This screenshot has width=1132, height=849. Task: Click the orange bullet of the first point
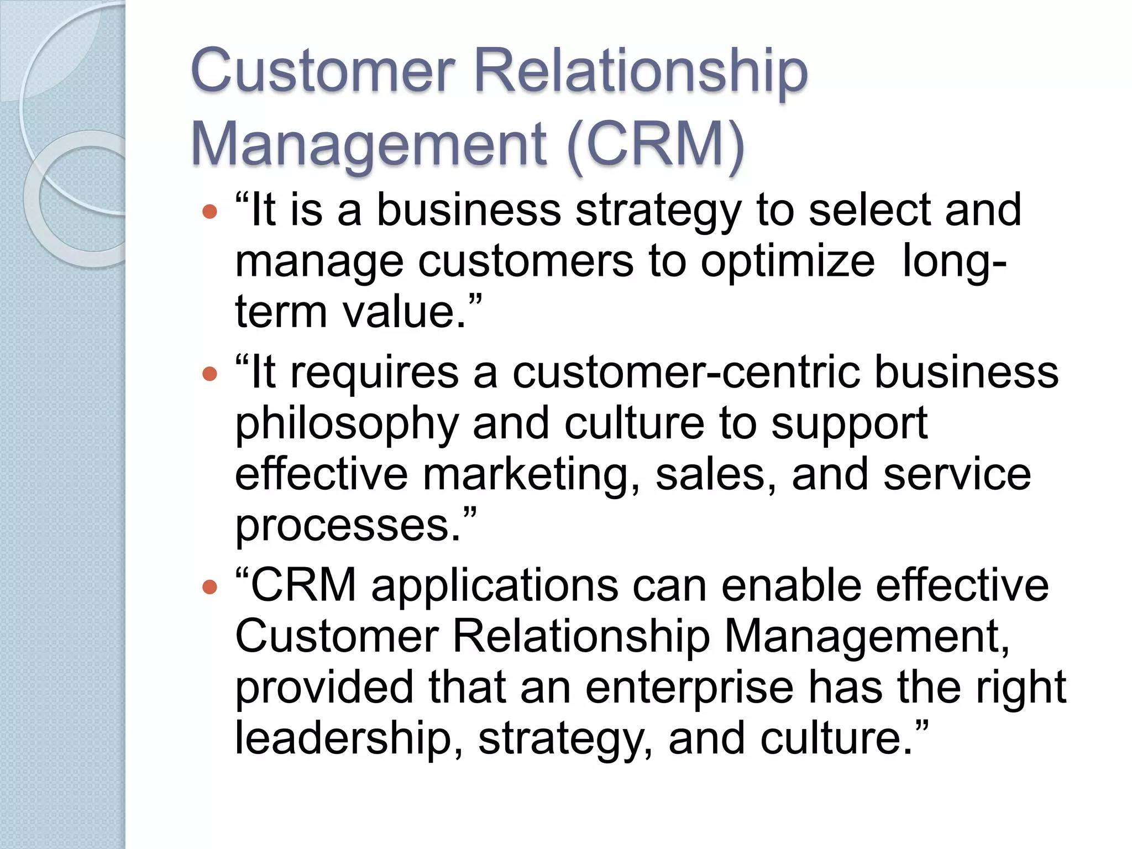pos(210,211)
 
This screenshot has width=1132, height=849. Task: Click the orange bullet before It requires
pos(210,374)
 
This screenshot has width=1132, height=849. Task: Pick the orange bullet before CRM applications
pos(210,586)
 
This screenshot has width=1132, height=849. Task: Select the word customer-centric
pos(686,373)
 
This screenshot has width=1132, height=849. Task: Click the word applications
pos(495,586)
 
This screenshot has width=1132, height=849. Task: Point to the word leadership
pos(343,739)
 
